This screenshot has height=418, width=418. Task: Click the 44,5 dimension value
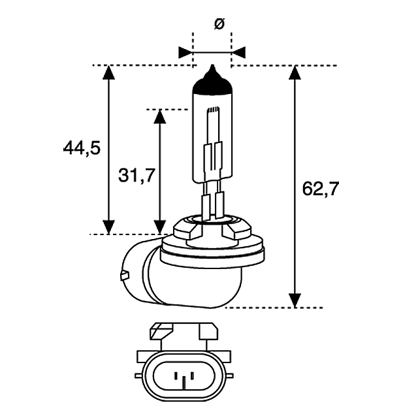tap(82, 148)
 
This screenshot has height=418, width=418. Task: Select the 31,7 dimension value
tap(137, 176)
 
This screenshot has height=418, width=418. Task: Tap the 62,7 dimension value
tap(321, 189)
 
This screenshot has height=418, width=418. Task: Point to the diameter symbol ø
tap(219, 24)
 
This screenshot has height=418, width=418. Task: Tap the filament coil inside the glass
tap(214, 110)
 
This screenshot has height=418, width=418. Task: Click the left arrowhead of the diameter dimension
tap(185, 52)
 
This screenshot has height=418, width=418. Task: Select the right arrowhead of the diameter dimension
tap(238, 52)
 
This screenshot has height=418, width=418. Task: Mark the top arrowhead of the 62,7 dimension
tap(295, 72)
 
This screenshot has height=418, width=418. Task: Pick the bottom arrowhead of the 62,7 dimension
tap(295, 300)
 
